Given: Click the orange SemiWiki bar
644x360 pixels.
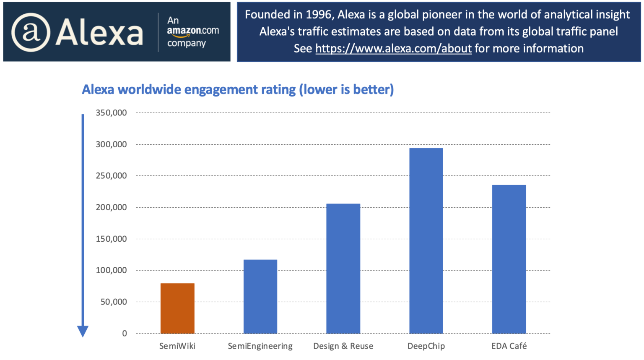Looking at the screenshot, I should [x=177, y=308].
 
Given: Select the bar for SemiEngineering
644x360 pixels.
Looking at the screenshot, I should [x=260, y=296].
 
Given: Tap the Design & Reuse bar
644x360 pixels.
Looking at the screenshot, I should [x=343, y=269].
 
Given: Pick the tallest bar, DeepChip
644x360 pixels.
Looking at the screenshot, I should [x=426, y=241].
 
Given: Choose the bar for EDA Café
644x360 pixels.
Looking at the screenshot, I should [x=509, y=259].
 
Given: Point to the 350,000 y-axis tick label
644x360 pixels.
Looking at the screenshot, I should [x=111, y=112].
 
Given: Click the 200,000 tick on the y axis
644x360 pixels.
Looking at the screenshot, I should [x=111, y=207].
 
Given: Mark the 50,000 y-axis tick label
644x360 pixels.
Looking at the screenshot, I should [x=114, y=302].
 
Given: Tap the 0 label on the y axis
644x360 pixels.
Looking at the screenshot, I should [x=125, y=334].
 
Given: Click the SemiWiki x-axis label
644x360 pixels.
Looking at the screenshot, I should [x=177, y=346].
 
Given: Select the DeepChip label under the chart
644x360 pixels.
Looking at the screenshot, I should [x=426, y=346].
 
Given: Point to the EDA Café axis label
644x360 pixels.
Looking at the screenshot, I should [x=509, y=346].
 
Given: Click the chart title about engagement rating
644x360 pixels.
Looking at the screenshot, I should [x=238, y=89].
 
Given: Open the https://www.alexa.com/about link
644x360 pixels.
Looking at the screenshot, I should [x=393, y=49].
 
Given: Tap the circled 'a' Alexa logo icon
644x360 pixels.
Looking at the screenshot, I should [x=31, y=32].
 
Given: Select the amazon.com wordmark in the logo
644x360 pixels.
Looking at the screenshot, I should [x=193, y=31].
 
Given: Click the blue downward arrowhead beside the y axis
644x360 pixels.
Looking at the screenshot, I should [x=83, y=331].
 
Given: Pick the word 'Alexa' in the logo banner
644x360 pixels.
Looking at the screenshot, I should [x=99, y=32].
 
